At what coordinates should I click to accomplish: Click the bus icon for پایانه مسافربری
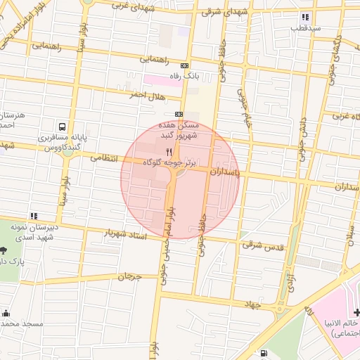pos(63,127)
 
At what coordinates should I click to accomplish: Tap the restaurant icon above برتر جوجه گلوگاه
pos(168,152)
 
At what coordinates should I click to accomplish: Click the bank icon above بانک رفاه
pos(184,65)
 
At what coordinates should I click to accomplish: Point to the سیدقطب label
pos(306,29)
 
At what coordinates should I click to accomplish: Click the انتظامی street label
pos(106,159)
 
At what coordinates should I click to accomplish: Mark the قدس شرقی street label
pos(262,245)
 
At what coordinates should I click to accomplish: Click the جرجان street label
pos(129,277)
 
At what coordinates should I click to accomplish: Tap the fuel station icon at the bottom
pos(263,354)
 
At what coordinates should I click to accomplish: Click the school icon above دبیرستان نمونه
pos(32,217)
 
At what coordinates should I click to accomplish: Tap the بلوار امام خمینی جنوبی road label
pos(169,239)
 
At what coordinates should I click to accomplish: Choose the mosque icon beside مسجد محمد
pos(6,314)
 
